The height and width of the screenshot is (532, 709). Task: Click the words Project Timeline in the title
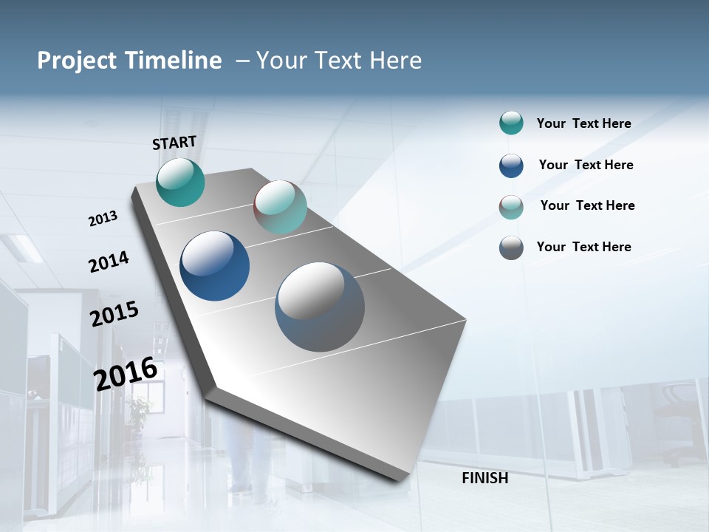(x=129, y=61)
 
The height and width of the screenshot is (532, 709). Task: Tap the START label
(x=174, y=143)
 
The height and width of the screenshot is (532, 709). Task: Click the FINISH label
(x=484, y=478)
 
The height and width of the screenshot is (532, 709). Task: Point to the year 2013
(x=103, y=219)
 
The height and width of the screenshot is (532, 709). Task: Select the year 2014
(x=109, y=262)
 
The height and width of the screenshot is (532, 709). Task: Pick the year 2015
(x=114, y=313)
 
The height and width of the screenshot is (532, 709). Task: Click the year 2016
(x=126, y=373)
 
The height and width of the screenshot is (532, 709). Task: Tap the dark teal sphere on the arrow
(x=180, y=182)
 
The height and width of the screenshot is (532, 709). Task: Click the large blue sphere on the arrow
(x=214, y=266)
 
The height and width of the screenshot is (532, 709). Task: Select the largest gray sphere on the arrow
(x=320, y=307)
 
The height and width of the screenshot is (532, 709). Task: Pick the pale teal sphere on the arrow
(x=280, y=207)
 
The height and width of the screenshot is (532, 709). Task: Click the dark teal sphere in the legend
(x=511, y=123)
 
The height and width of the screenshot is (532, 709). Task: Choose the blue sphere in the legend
(x=511, y=166)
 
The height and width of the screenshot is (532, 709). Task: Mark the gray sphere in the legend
(x=511, y=248)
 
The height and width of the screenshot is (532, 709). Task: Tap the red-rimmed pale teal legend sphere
(x=511, y=207)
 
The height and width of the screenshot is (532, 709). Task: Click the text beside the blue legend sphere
(x=586, y=165)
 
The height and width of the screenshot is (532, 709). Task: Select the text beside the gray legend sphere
(x=583, y=247)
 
